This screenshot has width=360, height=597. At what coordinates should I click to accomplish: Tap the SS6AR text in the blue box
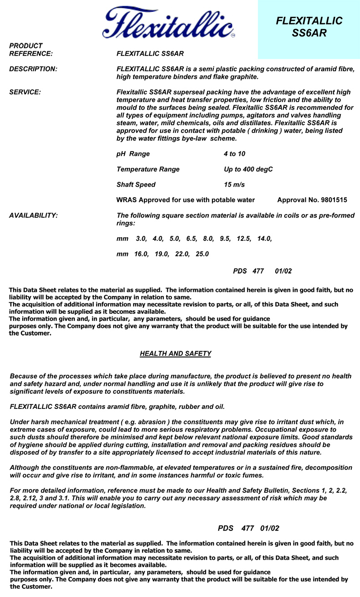coord(309,33)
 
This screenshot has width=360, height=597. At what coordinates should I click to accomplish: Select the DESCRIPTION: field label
coord(33,69)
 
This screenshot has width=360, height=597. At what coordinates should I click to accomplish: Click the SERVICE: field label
coord(25,92)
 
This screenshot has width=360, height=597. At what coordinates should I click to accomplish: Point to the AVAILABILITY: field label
coord(33,215)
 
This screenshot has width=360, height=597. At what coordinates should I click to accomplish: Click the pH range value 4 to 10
coord(234,154)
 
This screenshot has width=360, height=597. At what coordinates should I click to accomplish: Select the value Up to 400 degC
coord(248,169)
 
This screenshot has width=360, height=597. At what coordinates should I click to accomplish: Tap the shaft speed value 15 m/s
coord(234,185)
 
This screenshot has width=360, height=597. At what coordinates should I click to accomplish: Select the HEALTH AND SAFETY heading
coord(175,354)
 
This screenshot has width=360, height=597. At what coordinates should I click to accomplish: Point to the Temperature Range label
coord(148,169)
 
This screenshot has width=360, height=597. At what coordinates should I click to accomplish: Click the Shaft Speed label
coord(136,185)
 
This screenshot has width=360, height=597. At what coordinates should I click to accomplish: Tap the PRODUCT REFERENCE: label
coord(31,50)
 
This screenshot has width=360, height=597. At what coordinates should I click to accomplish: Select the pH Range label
coord(133,154)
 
